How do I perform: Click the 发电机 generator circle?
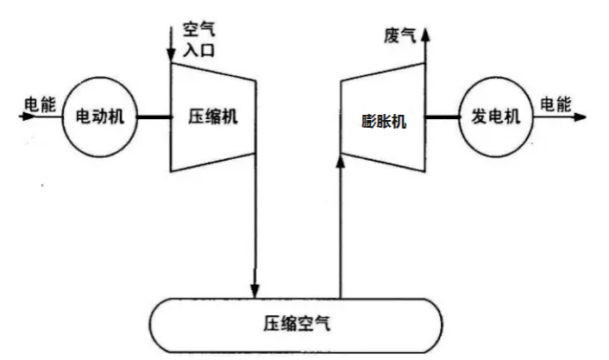click(495, 117)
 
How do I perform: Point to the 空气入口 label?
click(198, 39)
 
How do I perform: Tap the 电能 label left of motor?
click(40, 104)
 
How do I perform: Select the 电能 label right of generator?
click(556, 104)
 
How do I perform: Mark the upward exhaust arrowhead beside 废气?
click(424, 32)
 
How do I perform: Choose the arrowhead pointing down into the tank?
click(255, 290)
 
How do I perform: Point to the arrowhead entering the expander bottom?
click(342, 163)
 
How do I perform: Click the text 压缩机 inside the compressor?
click(212, 118)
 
